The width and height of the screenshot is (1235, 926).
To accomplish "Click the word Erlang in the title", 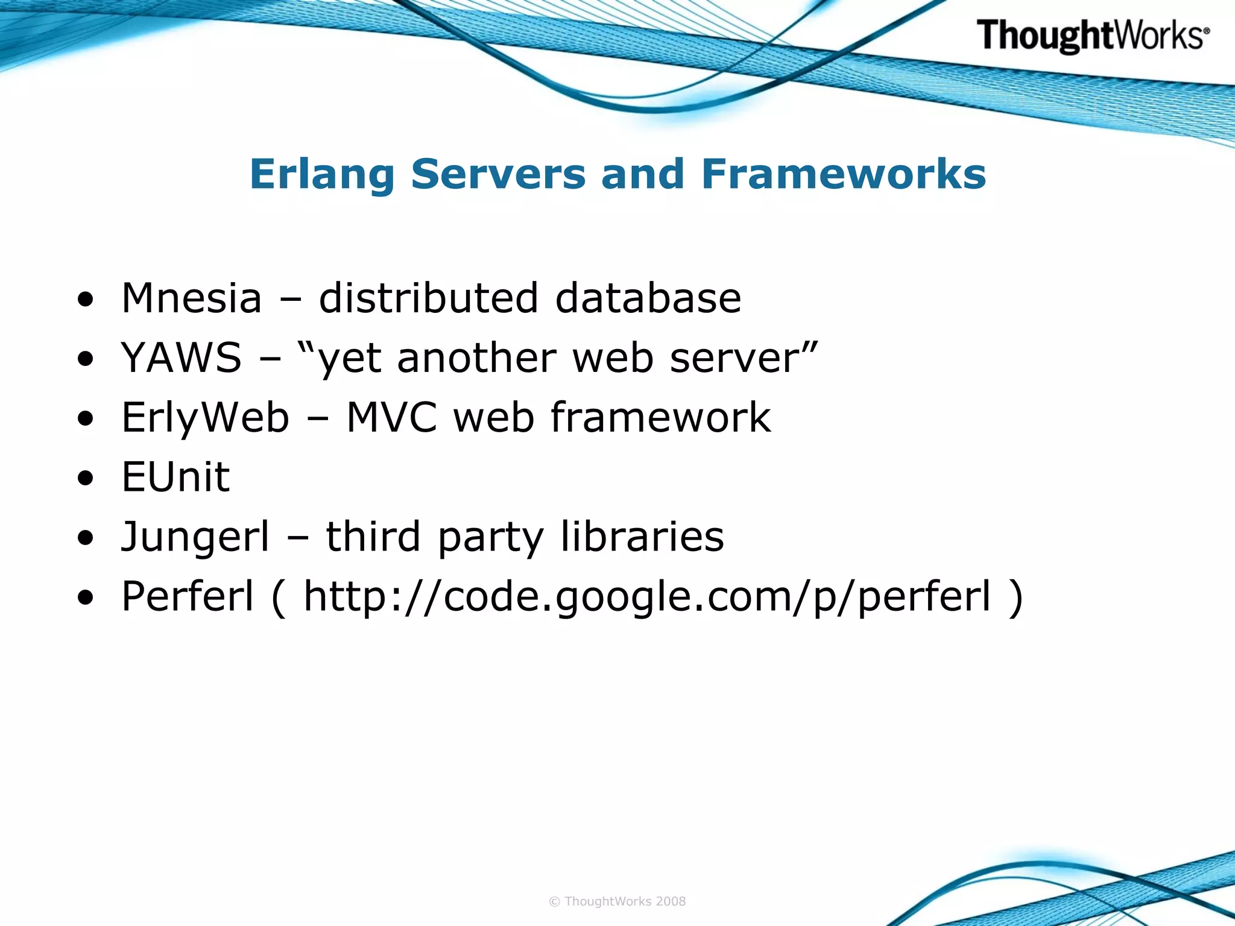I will (x=322, y=174).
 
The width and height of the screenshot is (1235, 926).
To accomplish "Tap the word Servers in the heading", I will (x=498, y=174).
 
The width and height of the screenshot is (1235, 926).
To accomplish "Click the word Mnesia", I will (x=192, y=298).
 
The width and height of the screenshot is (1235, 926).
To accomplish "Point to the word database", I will (x=648, y=298).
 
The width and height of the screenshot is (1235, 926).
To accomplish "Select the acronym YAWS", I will (x=181, y=357).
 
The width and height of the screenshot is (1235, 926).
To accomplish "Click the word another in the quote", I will (x=476, y=357).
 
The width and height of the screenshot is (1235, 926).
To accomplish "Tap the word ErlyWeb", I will (x=205, y=417).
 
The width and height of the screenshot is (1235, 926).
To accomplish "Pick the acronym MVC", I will (x=391, y=417).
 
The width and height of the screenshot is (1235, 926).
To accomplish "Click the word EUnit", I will (x=175, y=477).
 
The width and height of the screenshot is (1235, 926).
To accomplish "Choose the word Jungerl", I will (x=195, y=537).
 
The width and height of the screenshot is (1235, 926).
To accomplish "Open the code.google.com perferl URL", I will (x=646, y=596).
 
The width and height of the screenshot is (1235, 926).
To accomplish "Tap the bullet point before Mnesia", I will (x=86, y=300).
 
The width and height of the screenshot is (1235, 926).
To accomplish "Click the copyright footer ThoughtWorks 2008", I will (x=617, y=901).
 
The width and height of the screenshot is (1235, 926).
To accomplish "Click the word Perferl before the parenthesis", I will (x=188, y=596).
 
